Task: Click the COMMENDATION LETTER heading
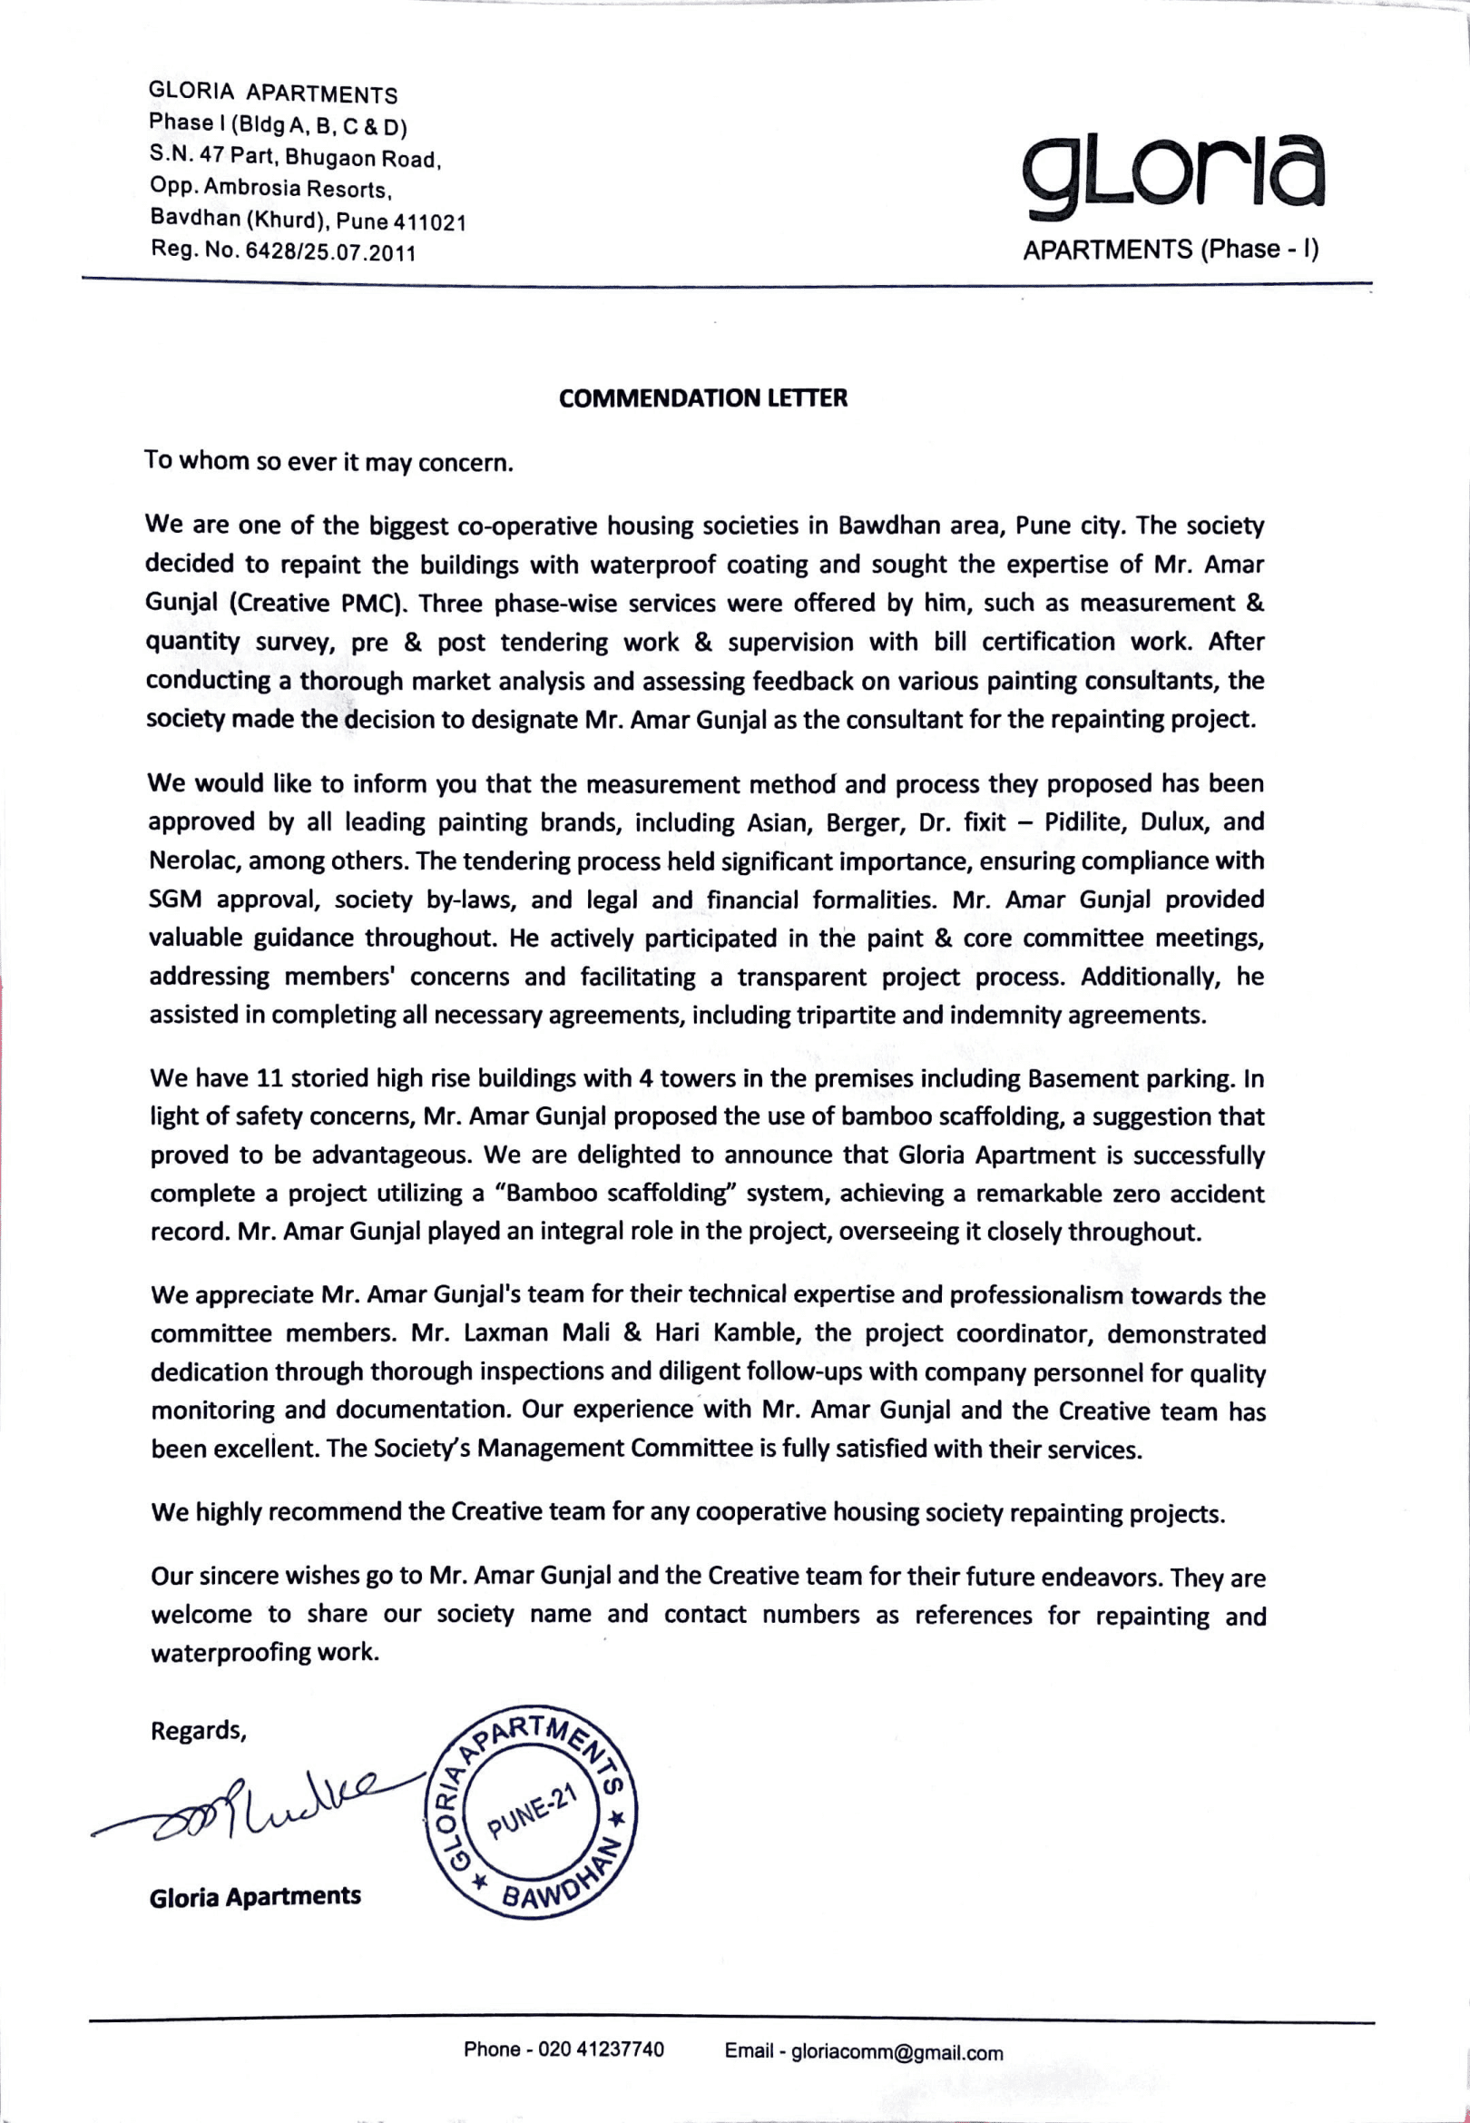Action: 702,398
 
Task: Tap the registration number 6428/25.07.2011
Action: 330,252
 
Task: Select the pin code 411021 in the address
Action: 430,222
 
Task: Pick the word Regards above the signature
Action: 197,1731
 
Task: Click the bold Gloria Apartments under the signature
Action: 255,1896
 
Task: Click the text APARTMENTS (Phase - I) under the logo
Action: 1171,250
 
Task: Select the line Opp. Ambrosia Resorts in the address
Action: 271,189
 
